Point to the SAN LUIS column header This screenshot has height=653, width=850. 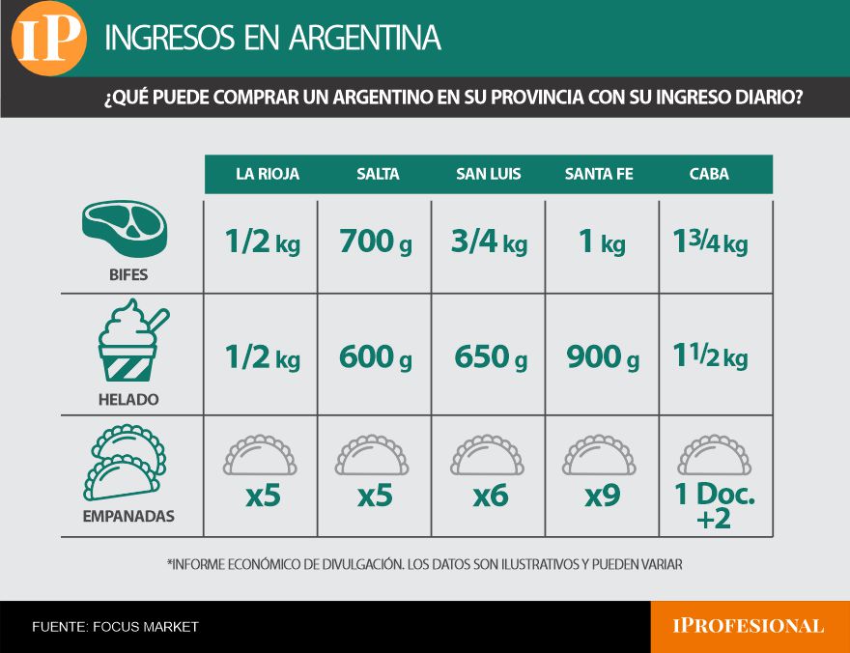[x=489, y=174]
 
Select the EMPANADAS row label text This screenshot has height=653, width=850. [x=128, y=516]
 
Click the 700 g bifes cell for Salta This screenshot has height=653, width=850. [x=376, y=242]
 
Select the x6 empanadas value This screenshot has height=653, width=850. [x=490, y=497]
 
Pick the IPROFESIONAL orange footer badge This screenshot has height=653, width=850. [x=749, y=626]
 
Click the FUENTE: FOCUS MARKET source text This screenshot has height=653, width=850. [x=115, y=627]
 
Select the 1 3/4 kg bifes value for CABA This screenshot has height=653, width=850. [x=710, y=242]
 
